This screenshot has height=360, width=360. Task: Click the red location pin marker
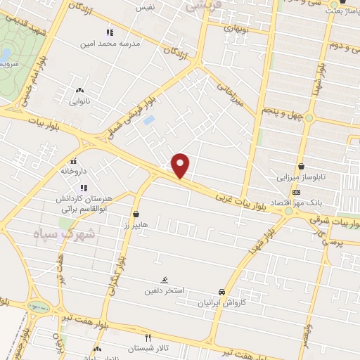[181, 165]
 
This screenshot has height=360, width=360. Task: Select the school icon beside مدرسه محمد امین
[109, 32]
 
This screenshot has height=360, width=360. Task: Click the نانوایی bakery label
[79, 101]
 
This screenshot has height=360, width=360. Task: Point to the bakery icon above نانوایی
[79, 90]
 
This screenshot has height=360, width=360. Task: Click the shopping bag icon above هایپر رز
[136, 214]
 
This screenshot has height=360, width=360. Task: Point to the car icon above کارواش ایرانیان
[221, 291]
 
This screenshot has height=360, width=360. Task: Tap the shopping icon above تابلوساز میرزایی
[302, 167]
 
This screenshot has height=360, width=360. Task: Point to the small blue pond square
[148, 120]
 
